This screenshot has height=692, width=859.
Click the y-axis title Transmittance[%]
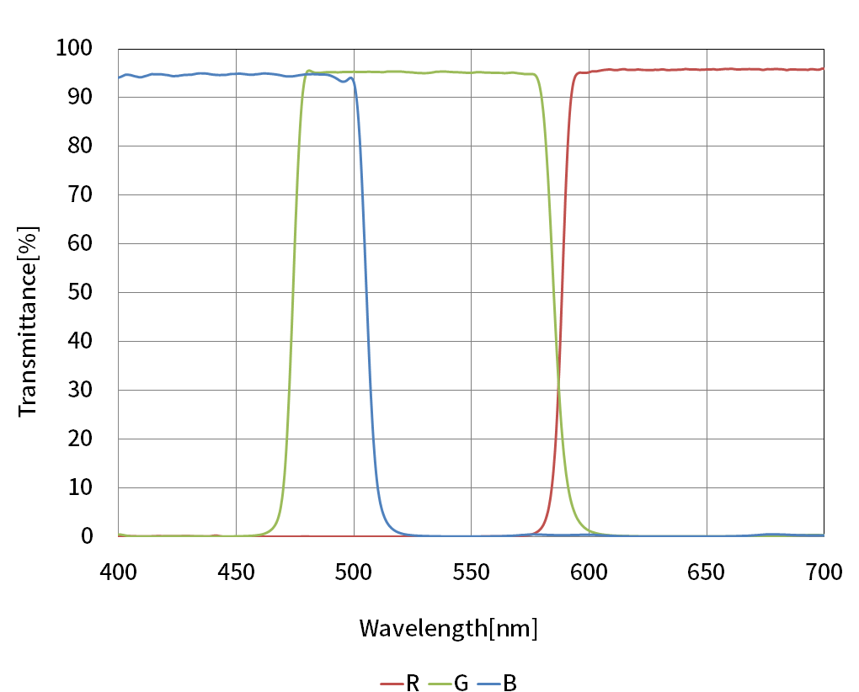pos(28,320)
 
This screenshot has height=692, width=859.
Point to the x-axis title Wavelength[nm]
pos(448,628)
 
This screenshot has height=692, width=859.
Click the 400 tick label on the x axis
pos(119,572)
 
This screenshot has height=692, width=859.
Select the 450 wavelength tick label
pos(236,572)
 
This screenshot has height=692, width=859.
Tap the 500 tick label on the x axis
pos(354,572)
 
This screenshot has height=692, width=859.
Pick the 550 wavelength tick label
pos(472,572)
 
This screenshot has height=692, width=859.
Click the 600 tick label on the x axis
pos(589,572)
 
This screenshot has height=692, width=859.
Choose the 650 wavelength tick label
pos(707,572)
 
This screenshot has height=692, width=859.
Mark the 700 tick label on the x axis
pos(824,572)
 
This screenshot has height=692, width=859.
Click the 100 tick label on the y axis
pos(75,49)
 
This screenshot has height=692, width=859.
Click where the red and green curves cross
pos(558,388)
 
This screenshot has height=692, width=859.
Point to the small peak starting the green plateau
pos(309,71)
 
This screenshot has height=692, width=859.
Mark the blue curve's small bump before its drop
pos(350,77)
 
